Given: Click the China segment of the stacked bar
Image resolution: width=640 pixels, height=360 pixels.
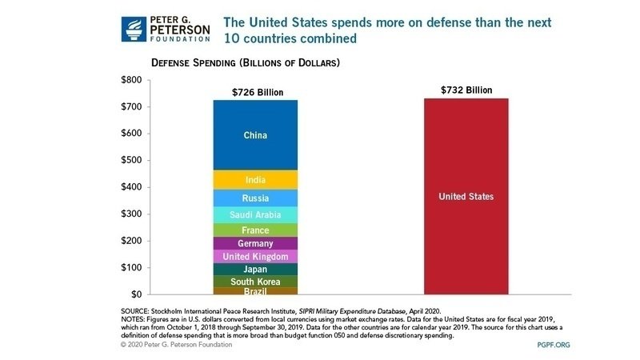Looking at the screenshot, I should click(255, 135).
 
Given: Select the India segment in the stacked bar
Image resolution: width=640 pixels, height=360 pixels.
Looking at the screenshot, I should click(255, 180).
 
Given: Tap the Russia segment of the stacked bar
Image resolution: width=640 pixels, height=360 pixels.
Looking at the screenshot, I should click(255, 198).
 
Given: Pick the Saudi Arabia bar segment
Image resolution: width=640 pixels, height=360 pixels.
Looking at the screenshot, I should click(255, 215).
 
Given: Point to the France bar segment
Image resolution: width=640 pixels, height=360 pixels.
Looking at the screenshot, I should click(255, 230).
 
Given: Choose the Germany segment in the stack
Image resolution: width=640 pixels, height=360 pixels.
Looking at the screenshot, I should click(255, 243).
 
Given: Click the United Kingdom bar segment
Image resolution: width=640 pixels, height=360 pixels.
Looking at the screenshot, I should click(255, 257).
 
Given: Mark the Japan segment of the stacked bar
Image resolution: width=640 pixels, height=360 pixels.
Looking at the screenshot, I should click(255, 270).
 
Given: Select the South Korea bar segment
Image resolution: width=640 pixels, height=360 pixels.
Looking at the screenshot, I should click(255, 282).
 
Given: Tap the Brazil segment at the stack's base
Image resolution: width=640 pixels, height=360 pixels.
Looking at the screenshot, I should click(255, 291).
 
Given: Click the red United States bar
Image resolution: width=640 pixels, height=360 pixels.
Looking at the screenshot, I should click(466, 196).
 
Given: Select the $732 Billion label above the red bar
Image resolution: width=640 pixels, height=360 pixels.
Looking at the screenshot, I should click(466, 90).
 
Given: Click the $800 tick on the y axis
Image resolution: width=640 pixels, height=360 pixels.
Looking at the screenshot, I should click(130, 80).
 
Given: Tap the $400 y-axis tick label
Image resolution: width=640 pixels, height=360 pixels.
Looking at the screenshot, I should click(130, 187).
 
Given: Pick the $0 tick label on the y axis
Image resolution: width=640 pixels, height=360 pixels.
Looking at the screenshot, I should click(135, 294).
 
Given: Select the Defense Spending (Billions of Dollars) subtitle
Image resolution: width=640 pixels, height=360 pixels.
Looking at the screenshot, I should click(246, 62).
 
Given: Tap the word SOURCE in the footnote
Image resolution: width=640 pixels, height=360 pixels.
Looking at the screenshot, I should click(138, 309).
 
